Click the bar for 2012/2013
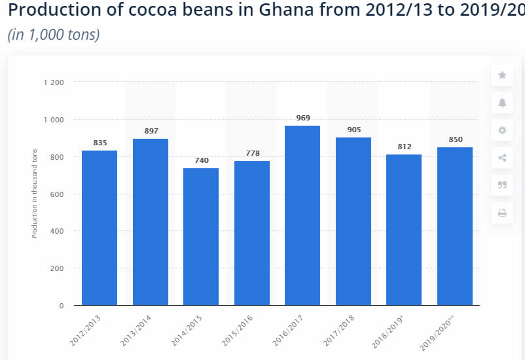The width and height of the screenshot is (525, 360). coord(100,228)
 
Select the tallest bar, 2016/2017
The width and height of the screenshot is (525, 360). coord(302,215)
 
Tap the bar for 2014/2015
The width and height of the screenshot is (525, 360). coord(201,236)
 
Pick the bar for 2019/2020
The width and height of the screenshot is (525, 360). coord(455,226)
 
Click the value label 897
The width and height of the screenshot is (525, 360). coord(151,131)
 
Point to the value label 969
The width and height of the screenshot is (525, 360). coord(302,118)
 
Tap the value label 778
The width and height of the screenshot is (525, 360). coord(252,153)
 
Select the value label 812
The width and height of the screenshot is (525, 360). coord(404,147)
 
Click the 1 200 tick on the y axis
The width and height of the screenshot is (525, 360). coord(54,82)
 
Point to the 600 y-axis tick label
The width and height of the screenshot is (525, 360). coord(58,194)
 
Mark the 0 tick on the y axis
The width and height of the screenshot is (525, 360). coord(62,306)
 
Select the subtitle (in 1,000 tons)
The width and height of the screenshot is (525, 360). coord(54,34)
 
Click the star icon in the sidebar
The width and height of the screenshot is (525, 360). coord(502,75)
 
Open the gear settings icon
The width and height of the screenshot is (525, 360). coord(502,130)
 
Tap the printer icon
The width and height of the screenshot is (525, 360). coord(502,213)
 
